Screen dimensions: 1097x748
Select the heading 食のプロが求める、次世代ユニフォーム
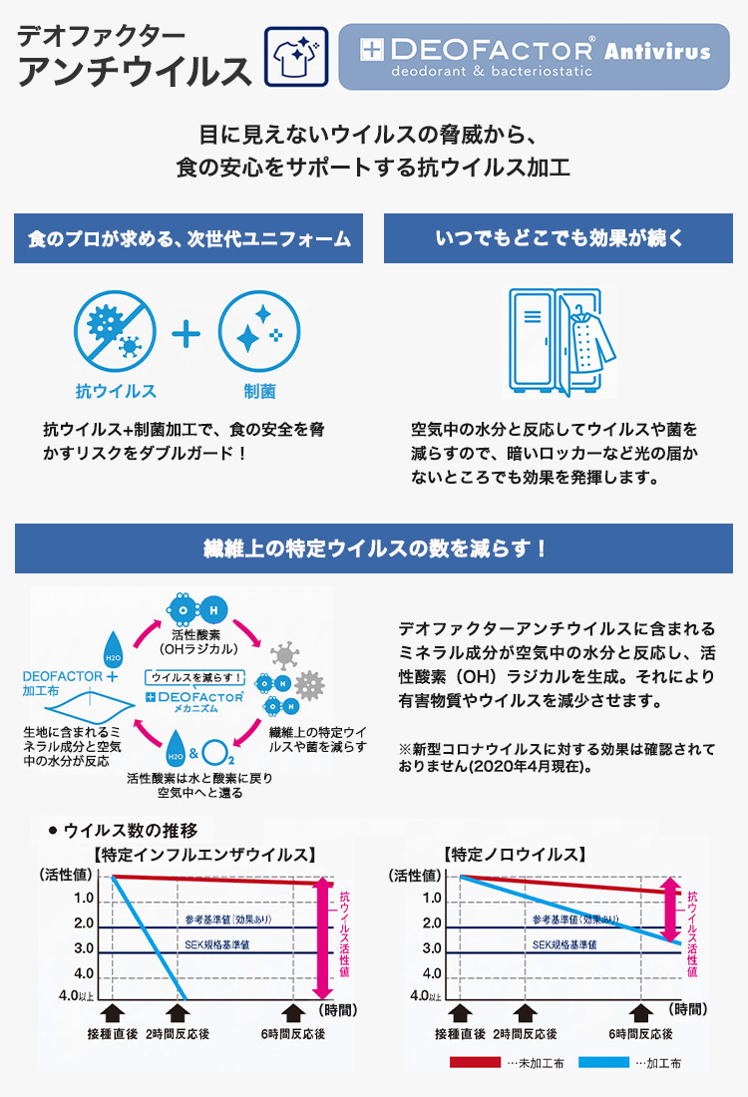tap(188, 239)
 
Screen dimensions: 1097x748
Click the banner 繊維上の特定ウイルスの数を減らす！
tap(374, 548)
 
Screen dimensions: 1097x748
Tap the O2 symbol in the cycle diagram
tap(223, 749)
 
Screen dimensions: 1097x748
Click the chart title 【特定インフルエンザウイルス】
tap(204, 855)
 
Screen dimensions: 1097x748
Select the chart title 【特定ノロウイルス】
tap(514, 855)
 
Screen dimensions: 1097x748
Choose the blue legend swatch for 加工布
tap(599, 1063)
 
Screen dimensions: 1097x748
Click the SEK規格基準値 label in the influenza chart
tap(216, 944)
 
